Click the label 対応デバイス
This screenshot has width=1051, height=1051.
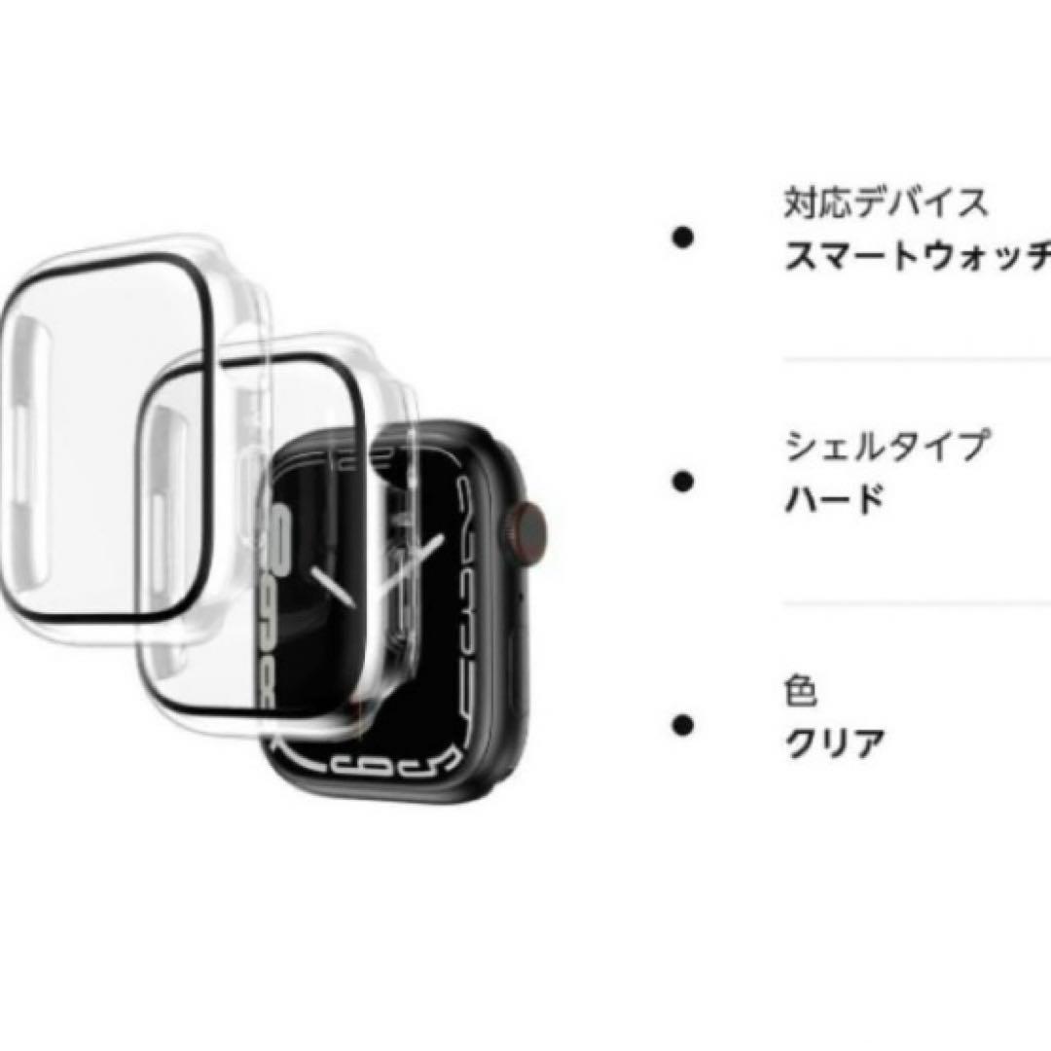point(885,203)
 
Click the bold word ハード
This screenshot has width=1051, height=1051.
point(834,499)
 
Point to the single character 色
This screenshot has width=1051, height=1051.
point(800,692)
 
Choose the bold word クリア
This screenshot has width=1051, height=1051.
point(834,745)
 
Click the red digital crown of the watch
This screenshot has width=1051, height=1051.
point(530,527)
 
